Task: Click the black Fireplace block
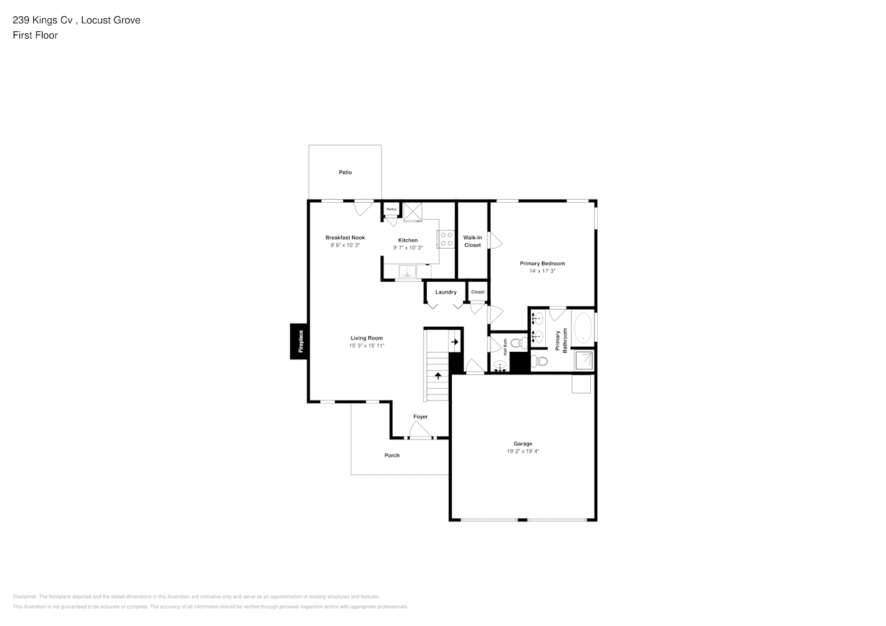click(x=299, y=341)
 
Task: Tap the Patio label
click(x=345, y=172)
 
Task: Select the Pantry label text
click(x=391, y=209)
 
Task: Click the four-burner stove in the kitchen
click(x=446, y=239)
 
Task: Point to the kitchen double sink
click(x=408, y=271)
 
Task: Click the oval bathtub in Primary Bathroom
click(x=583, y=327)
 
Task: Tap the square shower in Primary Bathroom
click(x=584, y=360)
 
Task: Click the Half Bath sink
click(x=500, y=366)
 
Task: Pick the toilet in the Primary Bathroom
click(x=539, y=361)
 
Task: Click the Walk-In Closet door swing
click(x=496, y=240)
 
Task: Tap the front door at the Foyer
click(x=420, y=430)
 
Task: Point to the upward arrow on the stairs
click(x=437, y=376)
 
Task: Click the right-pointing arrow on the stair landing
click(x=455, y=342)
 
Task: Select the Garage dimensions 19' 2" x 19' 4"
click(x=523, y=451)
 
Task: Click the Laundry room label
click(x=446, y=292)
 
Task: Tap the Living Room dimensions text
click(x=367, y=346)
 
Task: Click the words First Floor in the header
click(x=35, y=35)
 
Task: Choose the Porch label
click(x=392, y=455)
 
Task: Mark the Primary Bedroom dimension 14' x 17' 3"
click(x=542, y=271)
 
